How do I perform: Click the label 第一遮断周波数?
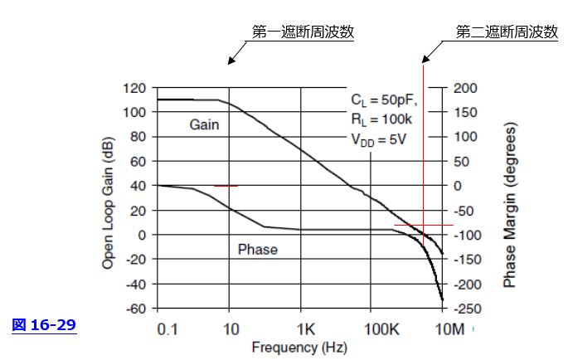[303, 32]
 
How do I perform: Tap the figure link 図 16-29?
[45, 325]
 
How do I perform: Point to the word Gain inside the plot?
[203, 124]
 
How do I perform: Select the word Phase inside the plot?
[257, 249]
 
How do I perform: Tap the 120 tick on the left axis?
[134, 88]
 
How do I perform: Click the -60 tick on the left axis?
[135, 309]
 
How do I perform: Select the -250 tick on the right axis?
[468, 309]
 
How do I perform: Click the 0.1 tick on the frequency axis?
[168, 328]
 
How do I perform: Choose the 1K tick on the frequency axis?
[306, 328]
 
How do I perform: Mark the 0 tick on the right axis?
[459, 186]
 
